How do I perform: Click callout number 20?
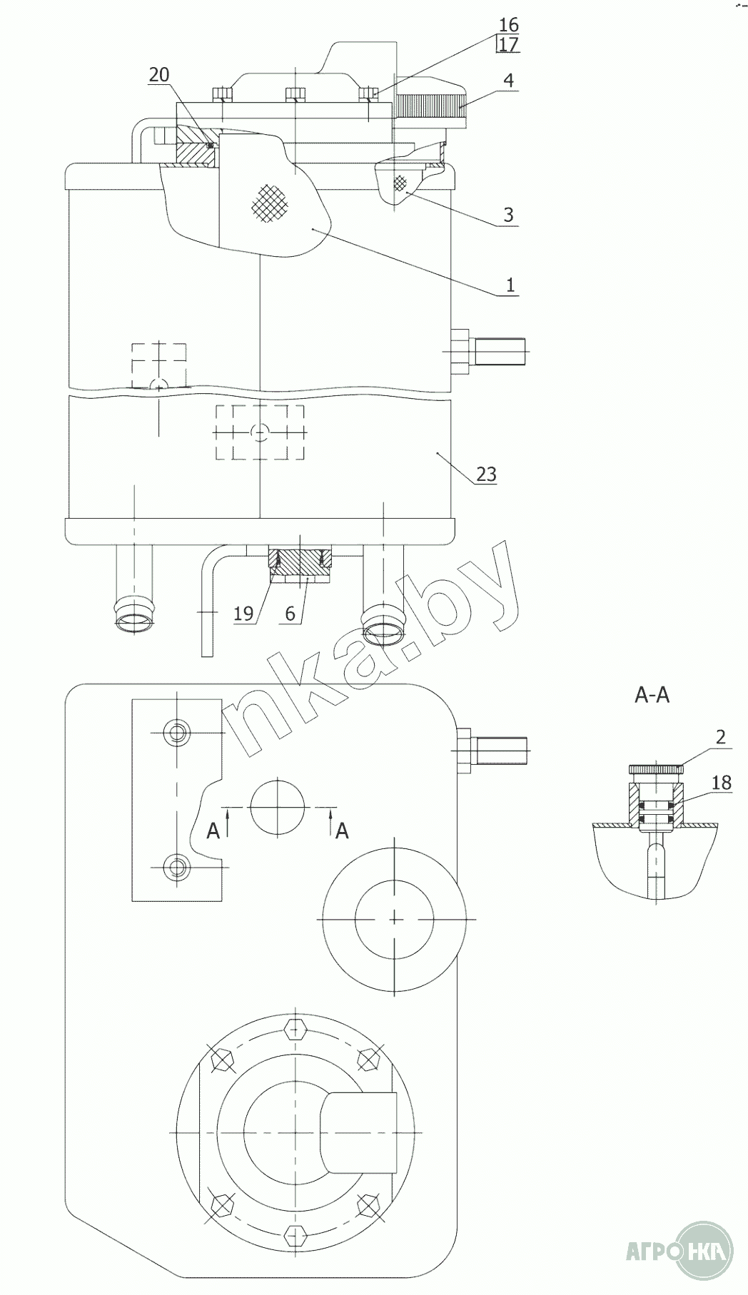tap(159, 74)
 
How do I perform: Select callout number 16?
tap(509, 25)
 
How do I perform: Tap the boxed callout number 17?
tap(508, 44)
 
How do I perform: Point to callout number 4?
tap(507, 80)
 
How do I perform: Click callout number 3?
tap(508, 215)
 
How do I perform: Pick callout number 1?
tap(510, 285)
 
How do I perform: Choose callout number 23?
tap(486, 474)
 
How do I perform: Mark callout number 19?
tap(244, 614)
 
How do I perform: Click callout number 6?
tap(290, 614)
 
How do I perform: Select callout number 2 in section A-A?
tap(720, 737)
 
